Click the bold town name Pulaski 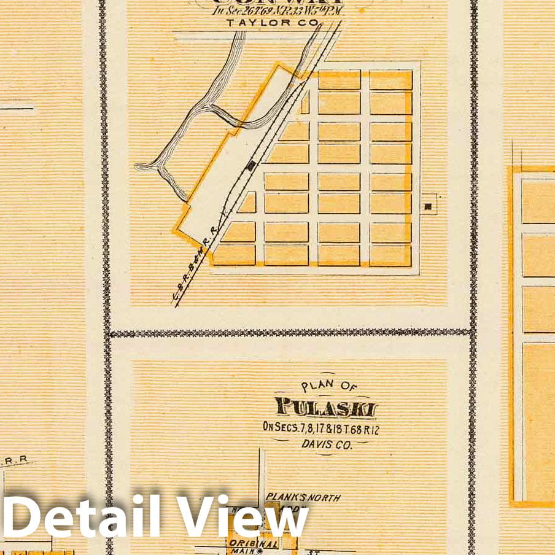[325, 408]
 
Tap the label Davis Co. [326, 444]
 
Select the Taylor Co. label [273, 23]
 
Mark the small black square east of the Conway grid [428, 206]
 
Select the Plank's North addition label [303, 498]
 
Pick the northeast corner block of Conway [390, 80]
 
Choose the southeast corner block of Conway [390, 255]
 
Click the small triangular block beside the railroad [248, 203]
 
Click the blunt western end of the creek [139, 166]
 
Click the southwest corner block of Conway [234, 254]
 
